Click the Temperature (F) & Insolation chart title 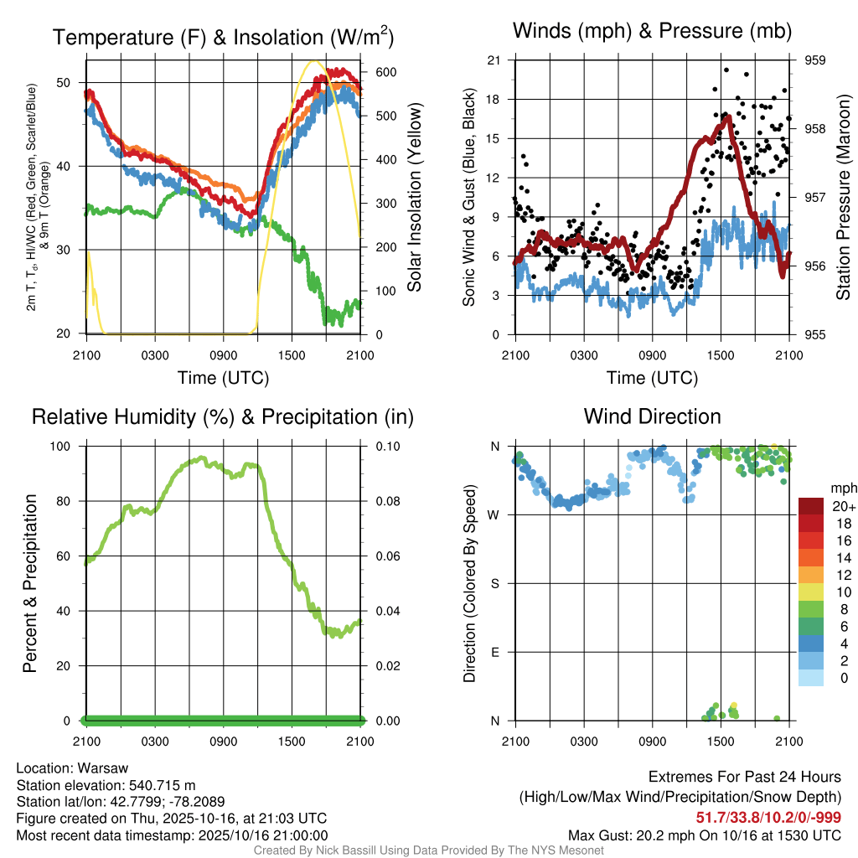click(x=223, y=37)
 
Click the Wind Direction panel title click(x=652, y=416)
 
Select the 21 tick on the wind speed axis click(x=494, y=60)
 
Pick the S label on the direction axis click(x=495, y=583)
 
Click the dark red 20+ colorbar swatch click(x=811, y=506)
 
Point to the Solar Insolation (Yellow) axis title click(x=414, y=198)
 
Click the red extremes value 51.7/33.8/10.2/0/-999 click(x=768, y=817)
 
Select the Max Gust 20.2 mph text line click(x=704, y=835)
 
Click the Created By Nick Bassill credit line click(x=429, y=850)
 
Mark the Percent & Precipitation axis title click(x=29, y=583)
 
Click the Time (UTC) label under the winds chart click(x=652, y=378)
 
